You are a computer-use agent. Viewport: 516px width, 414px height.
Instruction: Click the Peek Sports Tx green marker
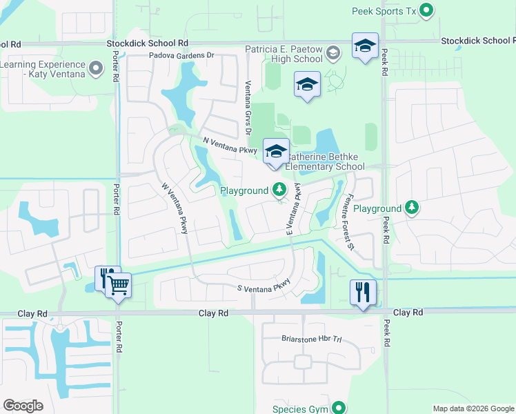pos(427,10)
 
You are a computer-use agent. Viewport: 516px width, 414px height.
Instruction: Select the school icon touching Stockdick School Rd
pos(365,46)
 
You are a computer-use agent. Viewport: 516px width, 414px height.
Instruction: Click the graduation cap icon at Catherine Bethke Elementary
pos(276,151)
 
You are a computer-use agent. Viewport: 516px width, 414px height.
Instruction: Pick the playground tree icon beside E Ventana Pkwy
pos(279,189)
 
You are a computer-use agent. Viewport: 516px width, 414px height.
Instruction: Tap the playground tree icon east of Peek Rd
pos(412,208)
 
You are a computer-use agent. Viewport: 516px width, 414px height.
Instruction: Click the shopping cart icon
pos(119,284)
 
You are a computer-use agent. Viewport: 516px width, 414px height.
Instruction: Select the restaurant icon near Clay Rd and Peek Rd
pos(363,292)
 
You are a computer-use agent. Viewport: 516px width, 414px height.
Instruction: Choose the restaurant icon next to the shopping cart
pos(106,277)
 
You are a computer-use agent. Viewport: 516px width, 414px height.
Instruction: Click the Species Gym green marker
pos(338,408)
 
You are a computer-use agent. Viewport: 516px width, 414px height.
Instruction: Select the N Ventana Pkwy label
pos(230,145)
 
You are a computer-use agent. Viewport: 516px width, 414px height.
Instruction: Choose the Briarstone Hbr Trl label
pos(312,339)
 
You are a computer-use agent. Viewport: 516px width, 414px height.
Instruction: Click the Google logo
pos(23,406)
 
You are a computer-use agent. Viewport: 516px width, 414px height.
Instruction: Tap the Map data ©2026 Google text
pos(473,408)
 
